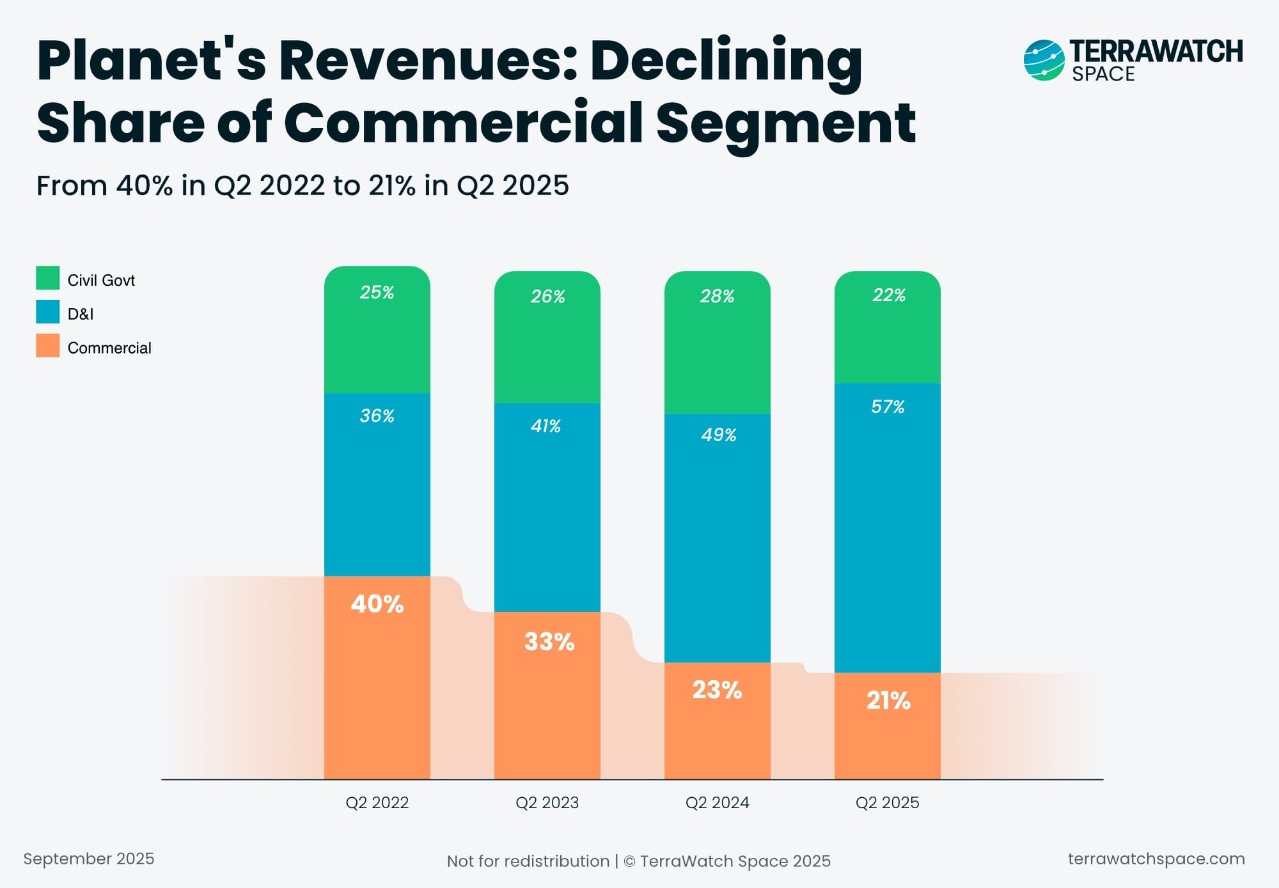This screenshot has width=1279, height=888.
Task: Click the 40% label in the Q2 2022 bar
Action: click(377, 604)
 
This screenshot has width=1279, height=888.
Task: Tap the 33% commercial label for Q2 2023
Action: click(549, 642)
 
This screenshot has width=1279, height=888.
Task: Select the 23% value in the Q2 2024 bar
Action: click(717, 690)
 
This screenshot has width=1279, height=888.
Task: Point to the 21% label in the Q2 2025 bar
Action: click(888, 701)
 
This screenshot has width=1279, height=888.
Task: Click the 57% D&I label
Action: click(888, 407)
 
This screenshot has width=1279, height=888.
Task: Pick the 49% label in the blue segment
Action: click(718, 435)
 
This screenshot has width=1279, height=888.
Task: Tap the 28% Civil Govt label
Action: click(717, 296)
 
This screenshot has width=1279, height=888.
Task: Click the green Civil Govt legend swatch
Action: click(48, 278)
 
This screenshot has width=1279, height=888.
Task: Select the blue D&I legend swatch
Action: click(48, 312)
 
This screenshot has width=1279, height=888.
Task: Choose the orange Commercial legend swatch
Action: click(48, 346)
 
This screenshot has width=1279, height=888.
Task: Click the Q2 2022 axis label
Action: click(377, 802)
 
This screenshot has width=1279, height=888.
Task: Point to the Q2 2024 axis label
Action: click(717, 802)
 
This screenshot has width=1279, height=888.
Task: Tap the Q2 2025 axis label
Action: click(887, 802)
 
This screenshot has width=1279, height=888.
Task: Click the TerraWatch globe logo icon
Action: click(1044, 60)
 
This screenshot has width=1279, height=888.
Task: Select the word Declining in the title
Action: click(726, 62)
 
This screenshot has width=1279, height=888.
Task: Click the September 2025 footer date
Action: click(89, 859)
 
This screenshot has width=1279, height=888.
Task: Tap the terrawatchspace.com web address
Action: click(1156, 859)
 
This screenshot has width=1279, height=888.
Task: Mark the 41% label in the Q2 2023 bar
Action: click(545, 426)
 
